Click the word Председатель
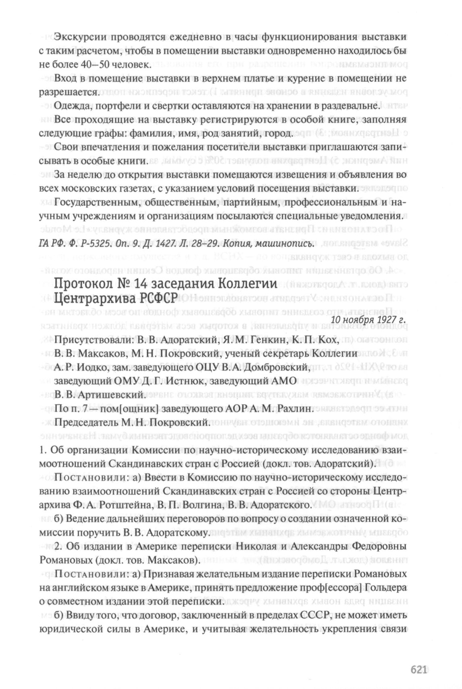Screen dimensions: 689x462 click(84, 422)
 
